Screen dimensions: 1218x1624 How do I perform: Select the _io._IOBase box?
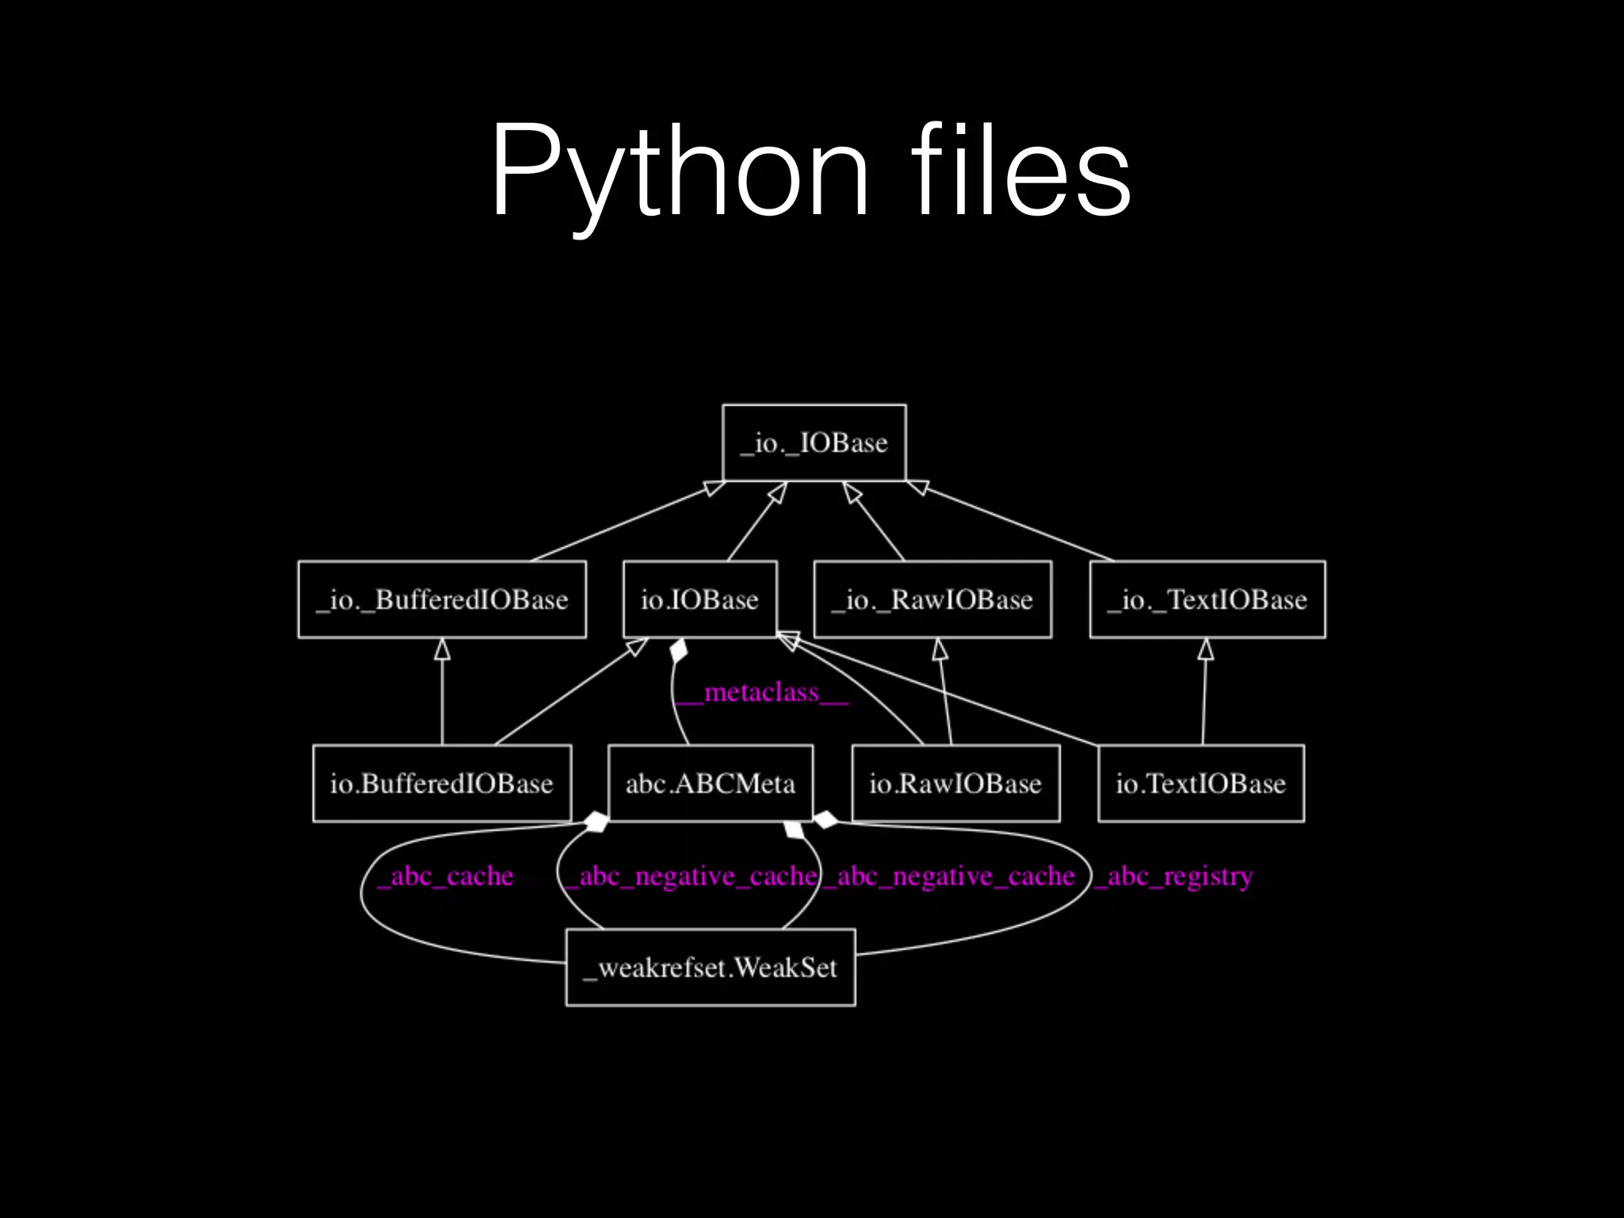814,442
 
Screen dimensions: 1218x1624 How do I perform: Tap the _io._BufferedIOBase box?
442,599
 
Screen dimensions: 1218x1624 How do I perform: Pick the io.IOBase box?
699,599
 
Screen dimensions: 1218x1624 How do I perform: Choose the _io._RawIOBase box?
933,599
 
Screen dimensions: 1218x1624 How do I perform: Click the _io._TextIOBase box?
1207,599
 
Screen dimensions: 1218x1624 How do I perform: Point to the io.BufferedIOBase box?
442,783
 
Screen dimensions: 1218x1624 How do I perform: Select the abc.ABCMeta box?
710,783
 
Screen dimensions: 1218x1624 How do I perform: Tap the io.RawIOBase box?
956,783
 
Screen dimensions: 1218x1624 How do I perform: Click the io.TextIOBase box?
1201,783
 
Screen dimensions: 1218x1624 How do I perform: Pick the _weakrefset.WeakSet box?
710,967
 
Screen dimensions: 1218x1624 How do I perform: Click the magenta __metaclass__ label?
761,693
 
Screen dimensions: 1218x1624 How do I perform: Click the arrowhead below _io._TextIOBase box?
1205,649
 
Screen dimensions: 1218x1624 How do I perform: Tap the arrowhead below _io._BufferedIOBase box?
442,649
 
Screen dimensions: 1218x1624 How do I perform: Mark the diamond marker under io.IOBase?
679,651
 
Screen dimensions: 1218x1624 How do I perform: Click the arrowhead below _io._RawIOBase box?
940,649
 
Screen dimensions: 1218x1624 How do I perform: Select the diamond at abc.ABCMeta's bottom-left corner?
596,822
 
